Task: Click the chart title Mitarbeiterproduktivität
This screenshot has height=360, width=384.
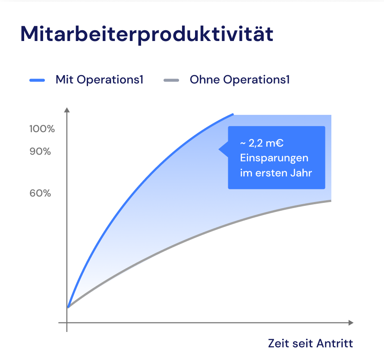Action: click(147, 34)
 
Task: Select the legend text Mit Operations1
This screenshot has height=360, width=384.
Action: click(99, 80)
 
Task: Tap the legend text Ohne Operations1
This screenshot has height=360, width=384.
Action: click(239, 80)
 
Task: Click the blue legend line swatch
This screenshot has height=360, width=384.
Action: click(37, 80)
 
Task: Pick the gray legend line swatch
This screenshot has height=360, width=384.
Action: click(171, 80)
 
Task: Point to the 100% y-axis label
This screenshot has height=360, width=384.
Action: click(42, 129)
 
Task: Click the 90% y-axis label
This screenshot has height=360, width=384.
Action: click(40, 152)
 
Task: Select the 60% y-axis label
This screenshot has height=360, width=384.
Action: click(40, 193)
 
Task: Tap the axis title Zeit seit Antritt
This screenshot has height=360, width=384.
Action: click(310, 344)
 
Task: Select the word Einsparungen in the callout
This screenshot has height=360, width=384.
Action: click(274, 158)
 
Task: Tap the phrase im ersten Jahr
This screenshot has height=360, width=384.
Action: click(275, 173)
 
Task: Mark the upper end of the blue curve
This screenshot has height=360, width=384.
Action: click(233, 114)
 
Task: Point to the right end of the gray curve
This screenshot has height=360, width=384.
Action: click(330, 201)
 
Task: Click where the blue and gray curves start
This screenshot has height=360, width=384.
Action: click(68, 307)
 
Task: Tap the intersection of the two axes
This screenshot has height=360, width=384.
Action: click(67, 322)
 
